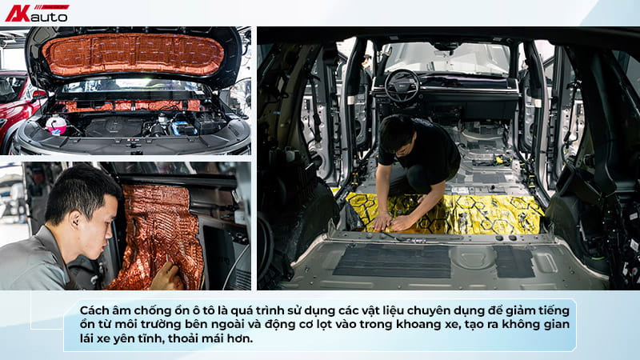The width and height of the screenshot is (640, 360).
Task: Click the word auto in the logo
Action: coord(49,17)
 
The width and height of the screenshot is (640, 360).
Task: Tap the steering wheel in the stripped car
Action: coord(402,86)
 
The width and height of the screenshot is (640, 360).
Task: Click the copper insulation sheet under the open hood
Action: coord(133,54)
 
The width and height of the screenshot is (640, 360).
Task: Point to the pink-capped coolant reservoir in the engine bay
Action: coord(56,125)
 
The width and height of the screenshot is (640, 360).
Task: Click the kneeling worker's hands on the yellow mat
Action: coord(390,222)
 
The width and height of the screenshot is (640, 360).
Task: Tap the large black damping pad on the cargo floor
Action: coord(392,262)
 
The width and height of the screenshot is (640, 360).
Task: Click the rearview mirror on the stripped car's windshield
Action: coord(446,46)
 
